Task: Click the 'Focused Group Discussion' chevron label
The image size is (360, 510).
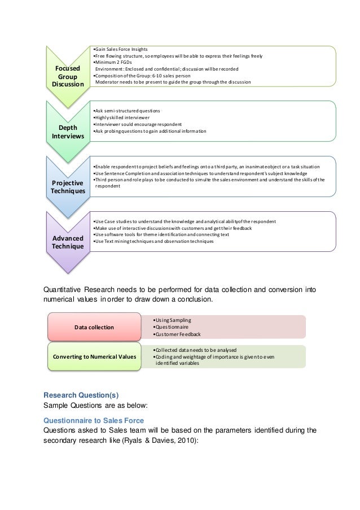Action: (67, 76)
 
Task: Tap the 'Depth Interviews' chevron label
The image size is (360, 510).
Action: (67, 131)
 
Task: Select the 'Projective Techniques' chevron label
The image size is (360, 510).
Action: (67, 187)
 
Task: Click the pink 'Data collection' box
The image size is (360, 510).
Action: (94, 327)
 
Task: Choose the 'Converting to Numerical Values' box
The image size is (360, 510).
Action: (94, 356)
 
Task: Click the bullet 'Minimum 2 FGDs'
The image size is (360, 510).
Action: (112, 62)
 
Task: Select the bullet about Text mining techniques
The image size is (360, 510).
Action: (154, 242)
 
